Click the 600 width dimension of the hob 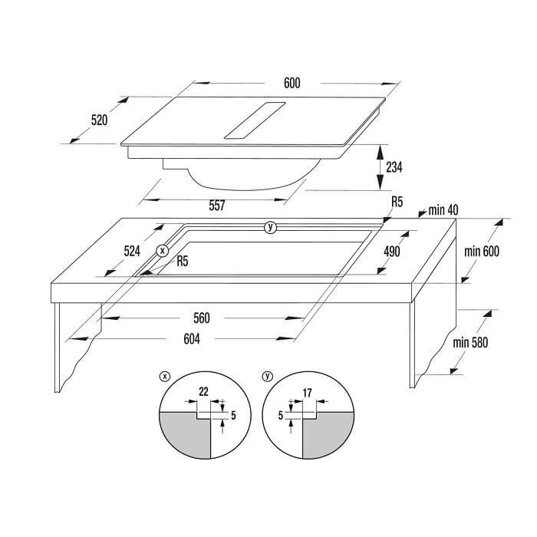292,83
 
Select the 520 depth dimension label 99,120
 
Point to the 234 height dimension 394,167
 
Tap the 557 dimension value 217,206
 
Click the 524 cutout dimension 132,252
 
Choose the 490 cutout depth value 392,252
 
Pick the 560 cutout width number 201,318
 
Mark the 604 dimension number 192,339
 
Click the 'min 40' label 443,210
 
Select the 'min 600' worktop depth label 482,252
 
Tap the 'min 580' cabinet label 470,342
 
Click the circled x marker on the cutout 163,251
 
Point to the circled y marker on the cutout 270,227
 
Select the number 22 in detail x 203,391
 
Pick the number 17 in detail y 307,393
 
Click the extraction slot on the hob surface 255,120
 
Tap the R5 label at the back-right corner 397,202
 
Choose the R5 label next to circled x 183,262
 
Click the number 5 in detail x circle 233,416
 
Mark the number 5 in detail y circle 281,416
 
